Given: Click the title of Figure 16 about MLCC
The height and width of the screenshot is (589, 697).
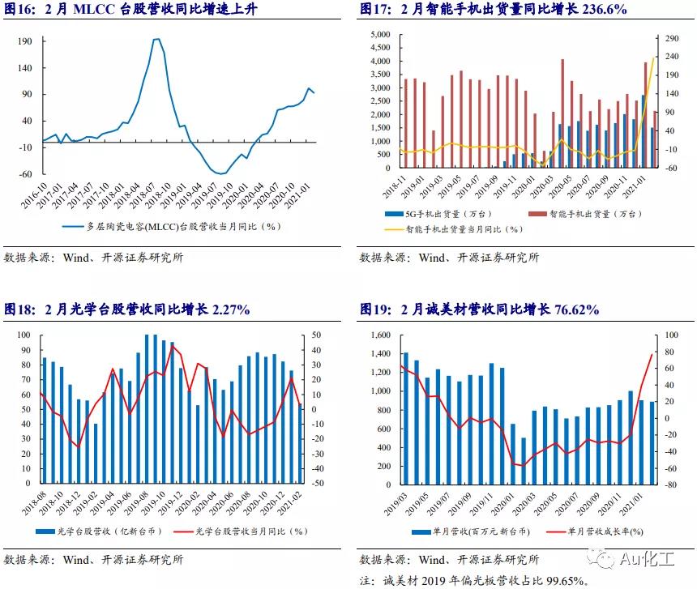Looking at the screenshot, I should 118,10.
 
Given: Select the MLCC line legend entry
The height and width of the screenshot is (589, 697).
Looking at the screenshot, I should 170,227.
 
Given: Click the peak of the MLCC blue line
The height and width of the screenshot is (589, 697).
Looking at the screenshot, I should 156,39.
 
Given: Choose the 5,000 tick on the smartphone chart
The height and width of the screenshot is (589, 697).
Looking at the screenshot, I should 380,35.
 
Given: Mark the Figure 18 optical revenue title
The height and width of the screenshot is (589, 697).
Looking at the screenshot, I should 126,309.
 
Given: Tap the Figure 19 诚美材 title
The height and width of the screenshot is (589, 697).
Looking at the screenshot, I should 479,309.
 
